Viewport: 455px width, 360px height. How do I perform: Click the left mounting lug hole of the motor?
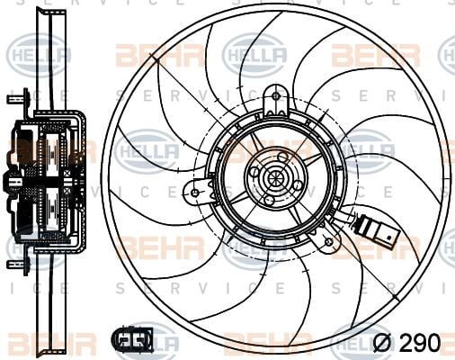tap(194, 191)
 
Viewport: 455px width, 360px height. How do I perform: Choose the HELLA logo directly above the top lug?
tap(254, 54)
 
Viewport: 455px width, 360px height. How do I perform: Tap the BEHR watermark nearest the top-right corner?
tap(375, 54)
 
